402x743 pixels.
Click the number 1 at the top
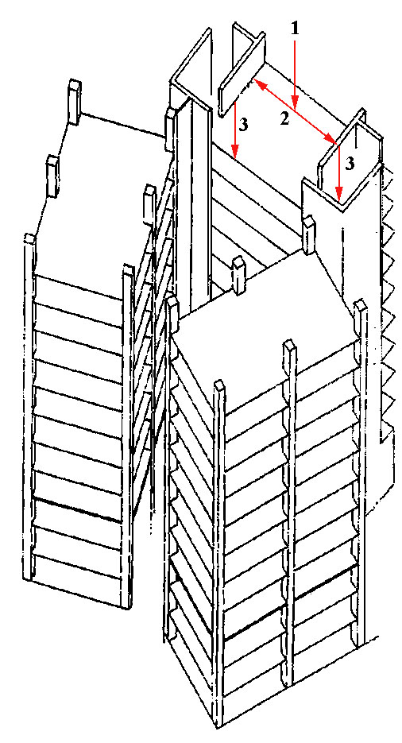(x=295, y=29)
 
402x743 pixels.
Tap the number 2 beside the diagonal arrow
(x=284, y=119)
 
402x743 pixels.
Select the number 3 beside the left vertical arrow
(x=243, y=125)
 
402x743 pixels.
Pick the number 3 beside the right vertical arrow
(x=350, y=164)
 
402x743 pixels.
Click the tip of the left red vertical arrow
(x=234, y=153)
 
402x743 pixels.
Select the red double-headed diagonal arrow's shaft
(x=295, y=110)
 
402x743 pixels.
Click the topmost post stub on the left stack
(x=75, y=95)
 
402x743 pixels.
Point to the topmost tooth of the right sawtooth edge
(x=388, y=176)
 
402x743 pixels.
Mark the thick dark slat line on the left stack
(x=78, y=510)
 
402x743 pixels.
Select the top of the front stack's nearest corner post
(x=219, y=387)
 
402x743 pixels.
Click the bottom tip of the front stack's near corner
(x=218, y=726)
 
